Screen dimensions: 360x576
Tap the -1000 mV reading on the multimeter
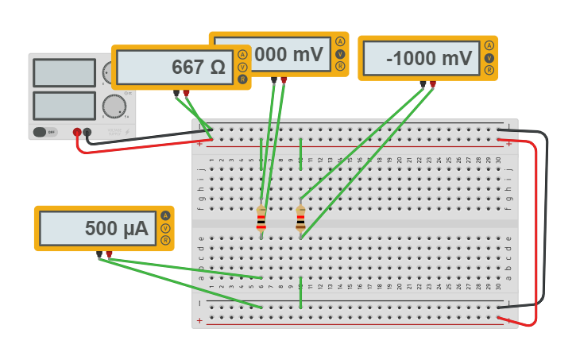tap(429, 58)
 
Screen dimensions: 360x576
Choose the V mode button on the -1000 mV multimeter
tap(489, 58)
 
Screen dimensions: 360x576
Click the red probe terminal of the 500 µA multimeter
tap(109, 254)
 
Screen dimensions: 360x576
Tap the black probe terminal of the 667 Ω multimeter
tap(176, 93)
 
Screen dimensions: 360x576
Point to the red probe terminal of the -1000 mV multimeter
tap(433, 83)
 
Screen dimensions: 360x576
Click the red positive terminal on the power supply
tap(77, 133)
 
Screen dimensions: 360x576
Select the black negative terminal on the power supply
tap(87, 133)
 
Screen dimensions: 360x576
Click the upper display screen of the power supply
tap(64, 72)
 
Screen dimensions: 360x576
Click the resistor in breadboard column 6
tap(261, 218)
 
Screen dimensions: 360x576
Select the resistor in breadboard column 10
tap(300, 218)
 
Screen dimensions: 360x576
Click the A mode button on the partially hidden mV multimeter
tap(340, 41)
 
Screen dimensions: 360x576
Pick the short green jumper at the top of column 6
tap(261, 153)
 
